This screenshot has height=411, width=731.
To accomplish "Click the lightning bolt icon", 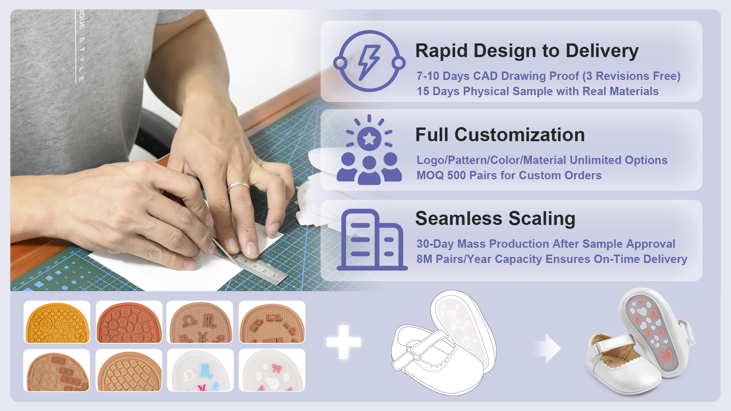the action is click(x=369, y=62).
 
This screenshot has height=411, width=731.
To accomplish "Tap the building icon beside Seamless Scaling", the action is click(x=372, y=240).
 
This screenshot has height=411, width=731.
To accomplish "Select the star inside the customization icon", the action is click(x=369, y=139).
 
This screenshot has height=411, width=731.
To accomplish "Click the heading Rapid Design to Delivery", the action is click(x=527, y=51).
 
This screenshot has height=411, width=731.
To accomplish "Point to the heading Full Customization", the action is click(x=500, y=135).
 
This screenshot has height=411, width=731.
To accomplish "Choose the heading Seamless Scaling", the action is click(x=495, y=219).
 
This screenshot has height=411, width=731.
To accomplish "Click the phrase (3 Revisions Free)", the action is click(x=631, y=76).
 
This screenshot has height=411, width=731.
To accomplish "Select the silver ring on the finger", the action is click(x=239, y=186).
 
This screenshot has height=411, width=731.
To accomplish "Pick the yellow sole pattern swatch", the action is click(x=57, y=322).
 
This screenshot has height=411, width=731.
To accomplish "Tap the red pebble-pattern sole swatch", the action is click(x=129, y=322).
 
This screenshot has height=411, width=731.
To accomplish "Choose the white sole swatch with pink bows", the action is click(x=272, y=370).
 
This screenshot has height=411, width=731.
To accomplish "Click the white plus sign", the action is click(x=343, y=342).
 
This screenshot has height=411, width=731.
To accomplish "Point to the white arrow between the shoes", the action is click(x=548, y=348).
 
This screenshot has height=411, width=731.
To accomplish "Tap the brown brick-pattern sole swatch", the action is click(x=56, y=370).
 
